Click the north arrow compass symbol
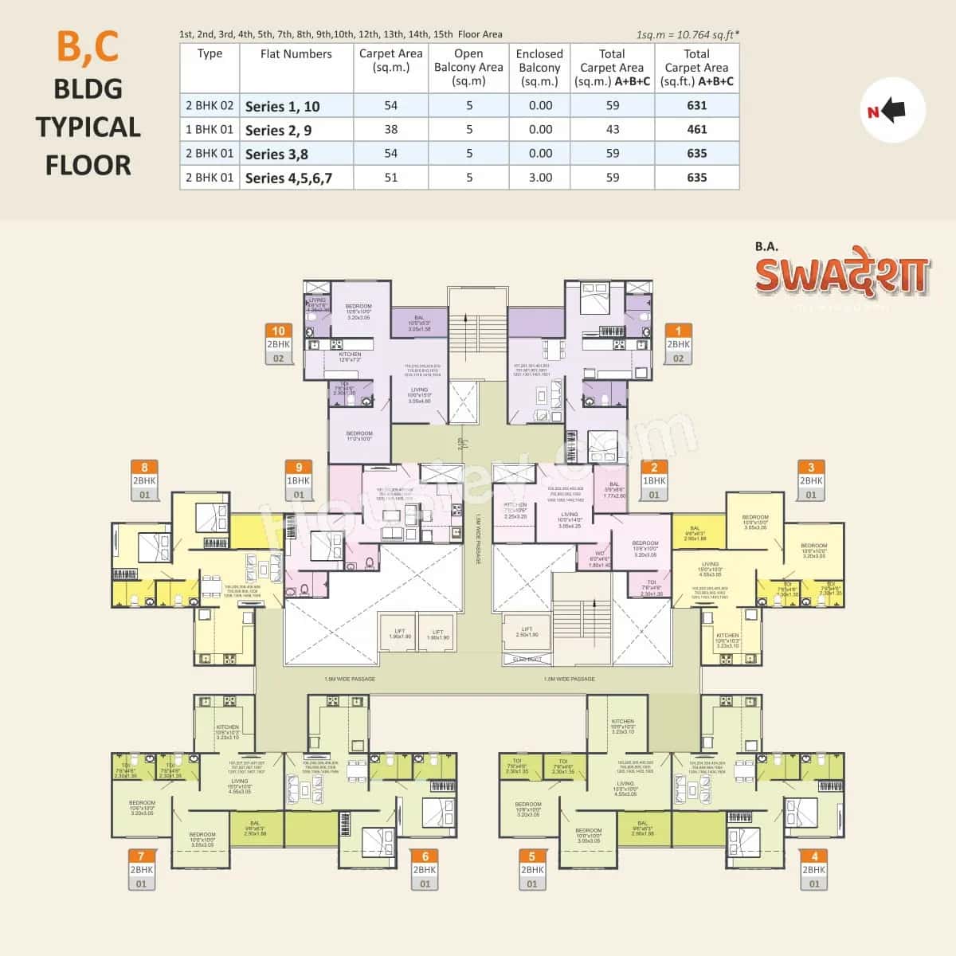click(x=893, y=112)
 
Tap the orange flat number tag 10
click(x=278, y=331)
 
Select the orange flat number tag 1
click(x=678, y=331)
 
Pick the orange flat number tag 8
click(x=144, y=468)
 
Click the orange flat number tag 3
click(x=811, y=468)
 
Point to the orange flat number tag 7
click(x=141, y=856)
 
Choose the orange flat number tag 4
click(x=813, y=856)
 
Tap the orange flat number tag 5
click(x=531, y=856)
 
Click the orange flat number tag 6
click(x=425, y=856)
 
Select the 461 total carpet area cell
click(x=696, y=129)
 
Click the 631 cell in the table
click(x=696, y=105)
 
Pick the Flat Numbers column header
click(x=296, y=54)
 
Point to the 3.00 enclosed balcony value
click(x=539, y=178)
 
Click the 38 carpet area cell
click(x=390, y=129)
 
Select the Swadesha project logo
click(x=841, y=273)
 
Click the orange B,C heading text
click(x=88, y=46)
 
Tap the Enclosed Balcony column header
click(x=539, y=68)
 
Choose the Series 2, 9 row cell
click(x=278, y=130)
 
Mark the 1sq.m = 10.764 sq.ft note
click(x=688, y=34)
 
